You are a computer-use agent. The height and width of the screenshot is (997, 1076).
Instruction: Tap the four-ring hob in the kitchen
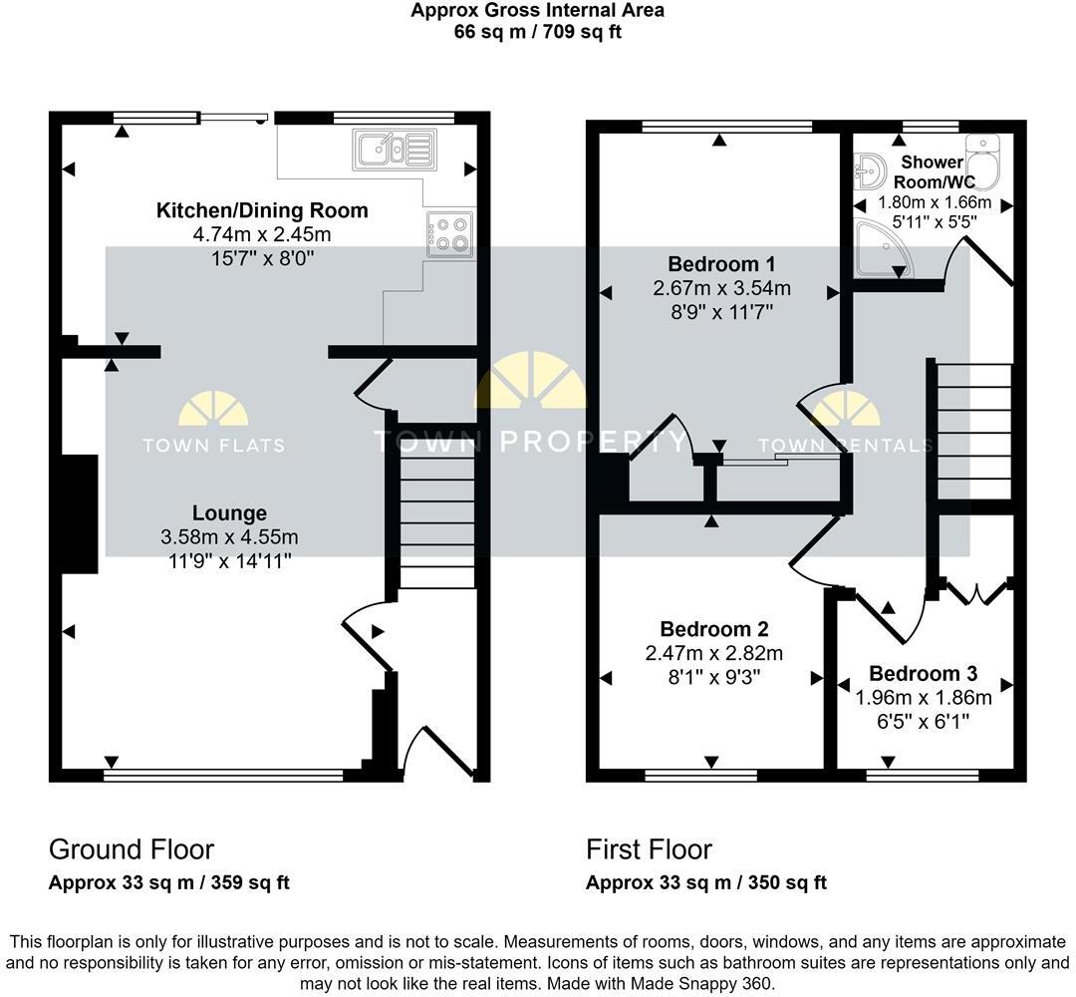tap(449, 235)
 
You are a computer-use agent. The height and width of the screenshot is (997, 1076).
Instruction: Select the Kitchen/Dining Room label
tap(262, 210)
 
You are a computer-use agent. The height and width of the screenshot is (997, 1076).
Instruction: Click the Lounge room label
tap(229, 513)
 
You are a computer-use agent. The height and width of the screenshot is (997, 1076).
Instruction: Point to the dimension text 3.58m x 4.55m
tap(229, 537)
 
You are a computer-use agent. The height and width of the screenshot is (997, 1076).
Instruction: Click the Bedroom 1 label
tap(720, 264)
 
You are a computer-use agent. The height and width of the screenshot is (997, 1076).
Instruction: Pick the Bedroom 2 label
tap(713, 629)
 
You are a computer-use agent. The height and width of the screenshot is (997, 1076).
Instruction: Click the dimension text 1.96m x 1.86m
tap(924, 697)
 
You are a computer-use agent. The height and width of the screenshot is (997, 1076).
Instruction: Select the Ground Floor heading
tap(132, 849)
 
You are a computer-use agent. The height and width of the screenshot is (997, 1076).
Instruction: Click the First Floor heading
tap(649, 849)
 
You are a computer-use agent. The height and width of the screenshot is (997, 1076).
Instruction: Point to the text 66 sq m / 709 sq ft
tap(538, 31)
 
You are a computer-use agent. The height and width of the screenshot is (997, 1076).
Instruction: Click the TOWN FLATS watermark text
tap(213, 446)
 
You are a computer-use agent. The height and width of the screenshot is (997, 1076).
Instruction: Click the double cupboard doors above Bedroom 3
tap(975, 591)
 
